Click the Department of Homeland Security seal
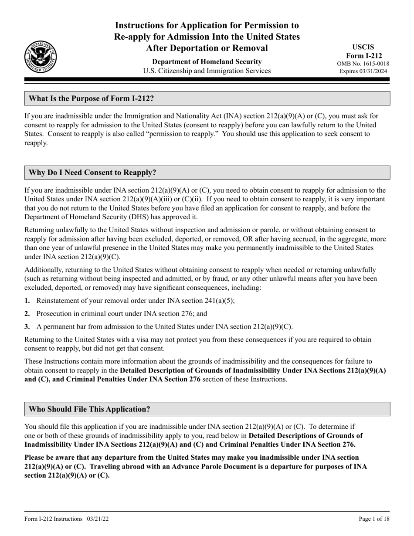coord(41,56)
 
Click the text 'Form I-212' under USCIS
coord(369,55)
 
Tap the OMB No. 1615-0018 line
coord(369,64)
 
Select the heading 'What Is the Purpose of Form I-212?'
coord(91,98)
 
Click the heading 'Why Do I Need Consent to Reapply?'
coord(92,173)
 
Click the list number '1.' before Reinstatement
coord(27,301)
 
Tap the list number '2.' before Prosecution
coord(27,313)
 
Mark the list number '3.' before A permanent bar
coord(27,326)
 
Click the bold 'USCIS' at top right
coord(369,47)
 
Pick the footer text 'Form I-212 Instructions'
coord(54,519)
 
